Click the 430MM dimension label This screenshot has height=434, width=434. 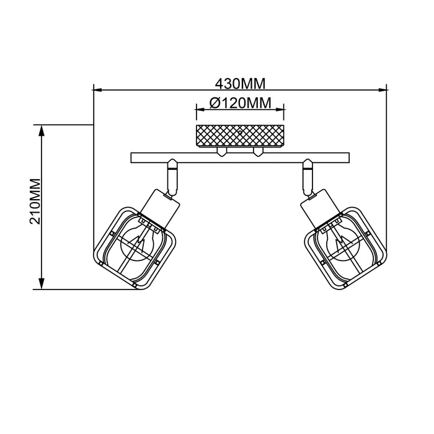(x=240, y=82)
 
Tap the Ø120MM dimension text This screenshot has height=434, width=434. (x=240, y=104)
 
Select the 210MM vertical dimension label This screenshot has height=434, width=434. (x=35, y=201)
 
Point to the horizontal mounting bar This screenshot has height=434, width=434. (x=240, y=157)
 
